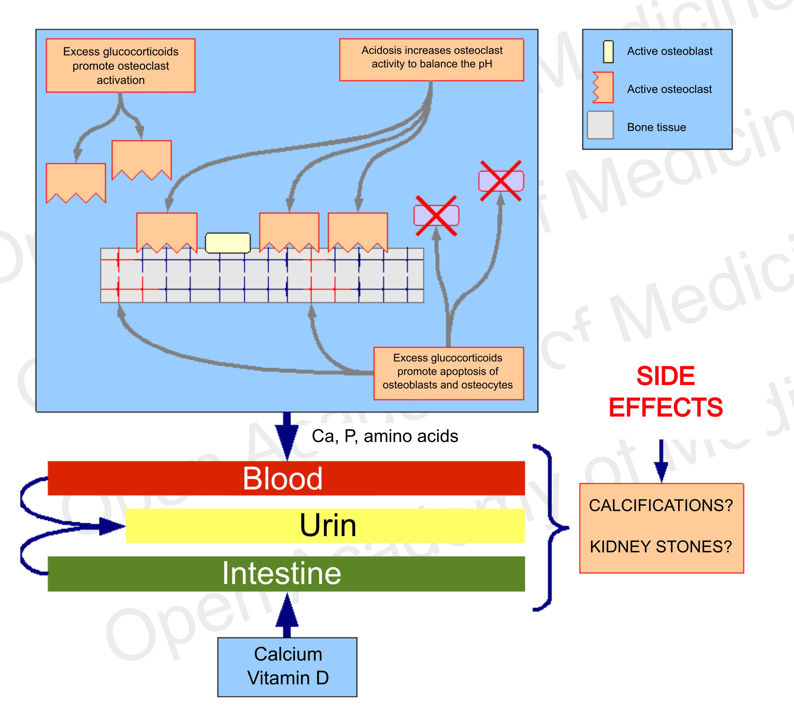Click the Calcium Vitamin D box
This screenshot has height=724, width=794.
click(288, 667)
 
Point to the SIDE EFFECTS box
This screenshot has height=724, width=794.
click(666, 390)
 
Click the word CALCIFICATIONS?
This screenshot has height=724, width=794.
click(661, 505)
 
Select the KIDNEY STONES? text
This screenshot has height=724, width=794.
click(661, 546)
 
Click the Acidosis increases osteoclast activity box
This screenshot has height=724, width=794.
click(432, 59)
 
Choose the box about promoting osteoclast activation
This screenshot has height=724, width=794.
click(121, 65)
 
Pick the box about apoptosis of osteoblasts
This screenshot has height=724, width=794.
click(448, 372)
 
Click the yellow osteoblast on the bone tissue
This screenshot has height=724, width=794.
click(228, 242)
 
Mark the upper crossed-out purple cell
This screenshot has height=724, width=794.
click(501, 181)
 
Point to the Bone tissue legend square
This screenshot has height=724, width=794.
click(600, 125)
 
